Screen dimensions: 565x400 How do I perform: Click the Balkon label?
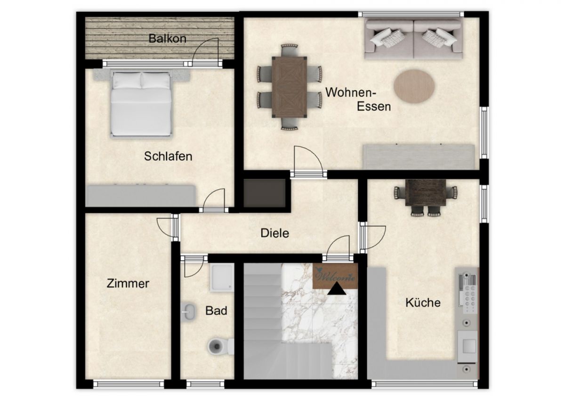point(168,39)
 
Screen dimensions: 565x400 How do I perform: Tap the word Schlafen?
point(168,156)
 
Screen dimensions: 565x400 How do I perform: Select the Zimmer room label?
point(128,283)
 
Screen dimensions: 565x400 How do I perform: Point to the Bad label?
point(216,310)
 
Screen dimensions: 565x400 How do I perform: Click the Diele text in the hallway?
point(274,233)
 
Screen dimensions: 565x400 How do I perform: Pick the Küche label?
point(423,302)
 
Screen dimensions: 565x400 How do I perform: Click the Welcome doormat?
point(335,276)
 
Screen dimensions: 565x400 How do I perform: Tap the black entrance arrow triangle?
point(337,289)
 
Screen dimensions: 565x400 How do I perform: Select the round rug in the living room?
point(414,86)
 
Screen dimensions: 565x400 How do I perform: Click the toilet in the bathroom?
point(220,346)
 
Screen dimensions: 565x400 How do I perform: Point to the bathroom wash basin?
point(188,312)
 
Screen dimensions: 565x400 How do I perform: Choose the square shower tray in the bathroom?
point(221,278)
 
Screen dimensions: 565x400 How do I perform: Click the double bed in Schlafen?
point(141,104)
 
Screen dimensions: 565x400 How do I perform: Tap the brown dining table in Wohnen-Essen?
point(289,87)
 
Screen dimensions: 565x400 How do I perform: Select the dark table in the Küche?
point(426,192)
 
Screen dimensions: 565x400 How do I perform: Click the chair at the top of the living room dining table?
point(289,50)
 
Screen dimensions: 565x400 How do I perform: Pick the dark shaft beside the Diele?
point(264,193)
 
